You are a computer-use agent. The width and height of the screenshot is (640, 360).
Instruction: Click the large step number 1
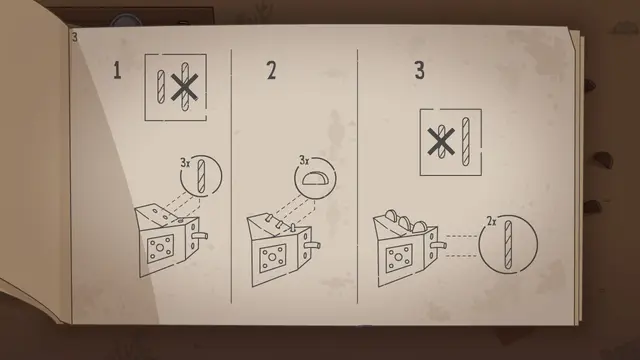point(117,70)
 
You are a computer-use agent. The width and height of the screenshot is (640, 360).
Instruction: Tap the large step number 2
point(271,70)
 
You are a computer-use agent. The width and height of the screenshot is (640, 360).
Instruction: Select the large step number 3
point(420,70)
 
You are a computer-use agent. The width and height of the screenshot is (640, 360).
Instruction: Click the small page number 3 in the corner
point(74,37)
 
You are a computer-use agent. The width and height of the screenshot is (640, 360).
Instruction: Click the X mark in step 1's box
point(184,87)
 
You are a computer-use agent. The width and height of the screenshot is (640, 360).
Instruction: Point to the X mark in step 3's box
point(441,142)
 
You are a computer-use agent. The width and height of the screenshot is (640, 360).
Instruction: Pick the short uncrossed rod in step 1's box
point(161,87)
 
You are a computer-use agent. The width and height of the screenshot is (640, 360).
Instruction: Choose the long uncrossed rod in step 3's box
point(465,141)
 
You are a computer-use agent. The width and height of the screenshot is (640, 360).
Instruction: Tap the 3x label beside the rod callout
point(185,163)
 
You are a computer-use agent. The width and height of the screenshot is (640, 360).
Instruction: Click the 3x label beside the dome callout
point(304,160)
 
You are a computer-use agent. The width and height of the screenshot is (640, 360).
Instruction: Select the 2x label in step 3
point(491,221)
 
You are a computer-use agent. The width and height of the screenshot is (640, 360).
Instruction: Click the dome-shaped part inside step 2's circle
point(315,178)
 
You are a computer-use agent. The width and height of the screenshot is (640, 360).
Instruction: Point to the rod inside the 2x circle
point(508,244)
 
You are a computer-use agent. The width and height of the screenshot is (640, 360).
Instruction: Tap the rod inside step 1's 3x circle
point(201,176)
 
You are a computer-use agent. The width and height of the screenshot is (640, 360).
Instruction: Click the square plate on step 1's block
point(160,248)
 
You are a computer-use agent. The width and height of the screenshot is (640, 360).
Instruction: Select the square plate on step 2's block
point(272,258)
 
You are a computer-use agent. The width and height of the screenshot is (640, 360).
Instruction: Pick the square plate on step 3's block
point(399,258)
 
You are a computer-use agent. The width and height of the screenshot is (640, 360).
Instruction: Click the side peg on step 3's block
point(439,246)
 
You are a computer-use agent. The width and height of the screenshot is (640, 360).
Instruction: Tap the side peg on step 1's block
point(200,236)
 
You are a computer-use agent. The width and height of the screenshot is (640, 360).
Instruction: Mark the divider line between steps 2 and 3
point(358,176)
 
